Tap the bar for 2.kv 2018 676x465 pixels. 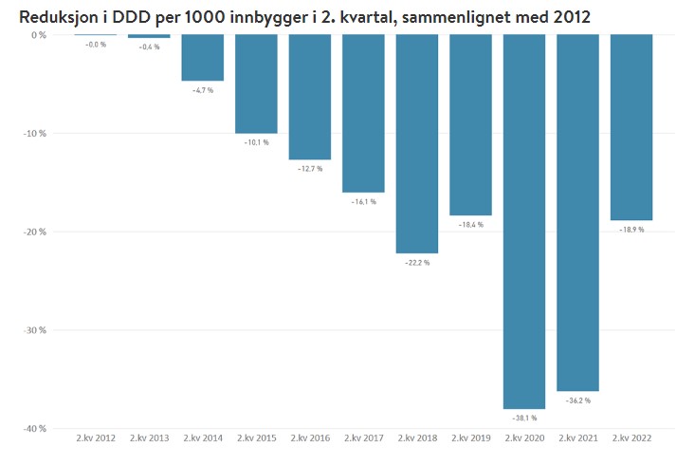tap(417, 143)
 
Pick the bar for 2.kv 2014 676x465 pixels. tap(203, 58)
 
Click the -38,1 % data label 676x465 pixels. tap(524, 418)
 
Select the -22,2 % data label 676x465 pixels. tap(417, 263)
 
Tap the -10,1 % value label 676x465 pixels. tap(256, 142)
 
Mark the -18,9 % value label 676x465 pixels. tap(631, 230)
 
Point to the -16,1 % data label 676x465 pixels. tap(363, 201)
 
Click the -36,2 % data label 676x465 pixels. tap(577, 400)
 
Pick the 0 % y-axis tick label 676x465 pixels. tap(39, 35)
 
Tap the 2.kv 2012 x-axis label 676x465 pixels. tap(96, 437)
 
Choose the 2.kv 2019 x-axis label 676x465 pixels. tap(470, 437)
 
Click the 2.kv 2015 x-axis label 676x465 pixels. tap(256, 437)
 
